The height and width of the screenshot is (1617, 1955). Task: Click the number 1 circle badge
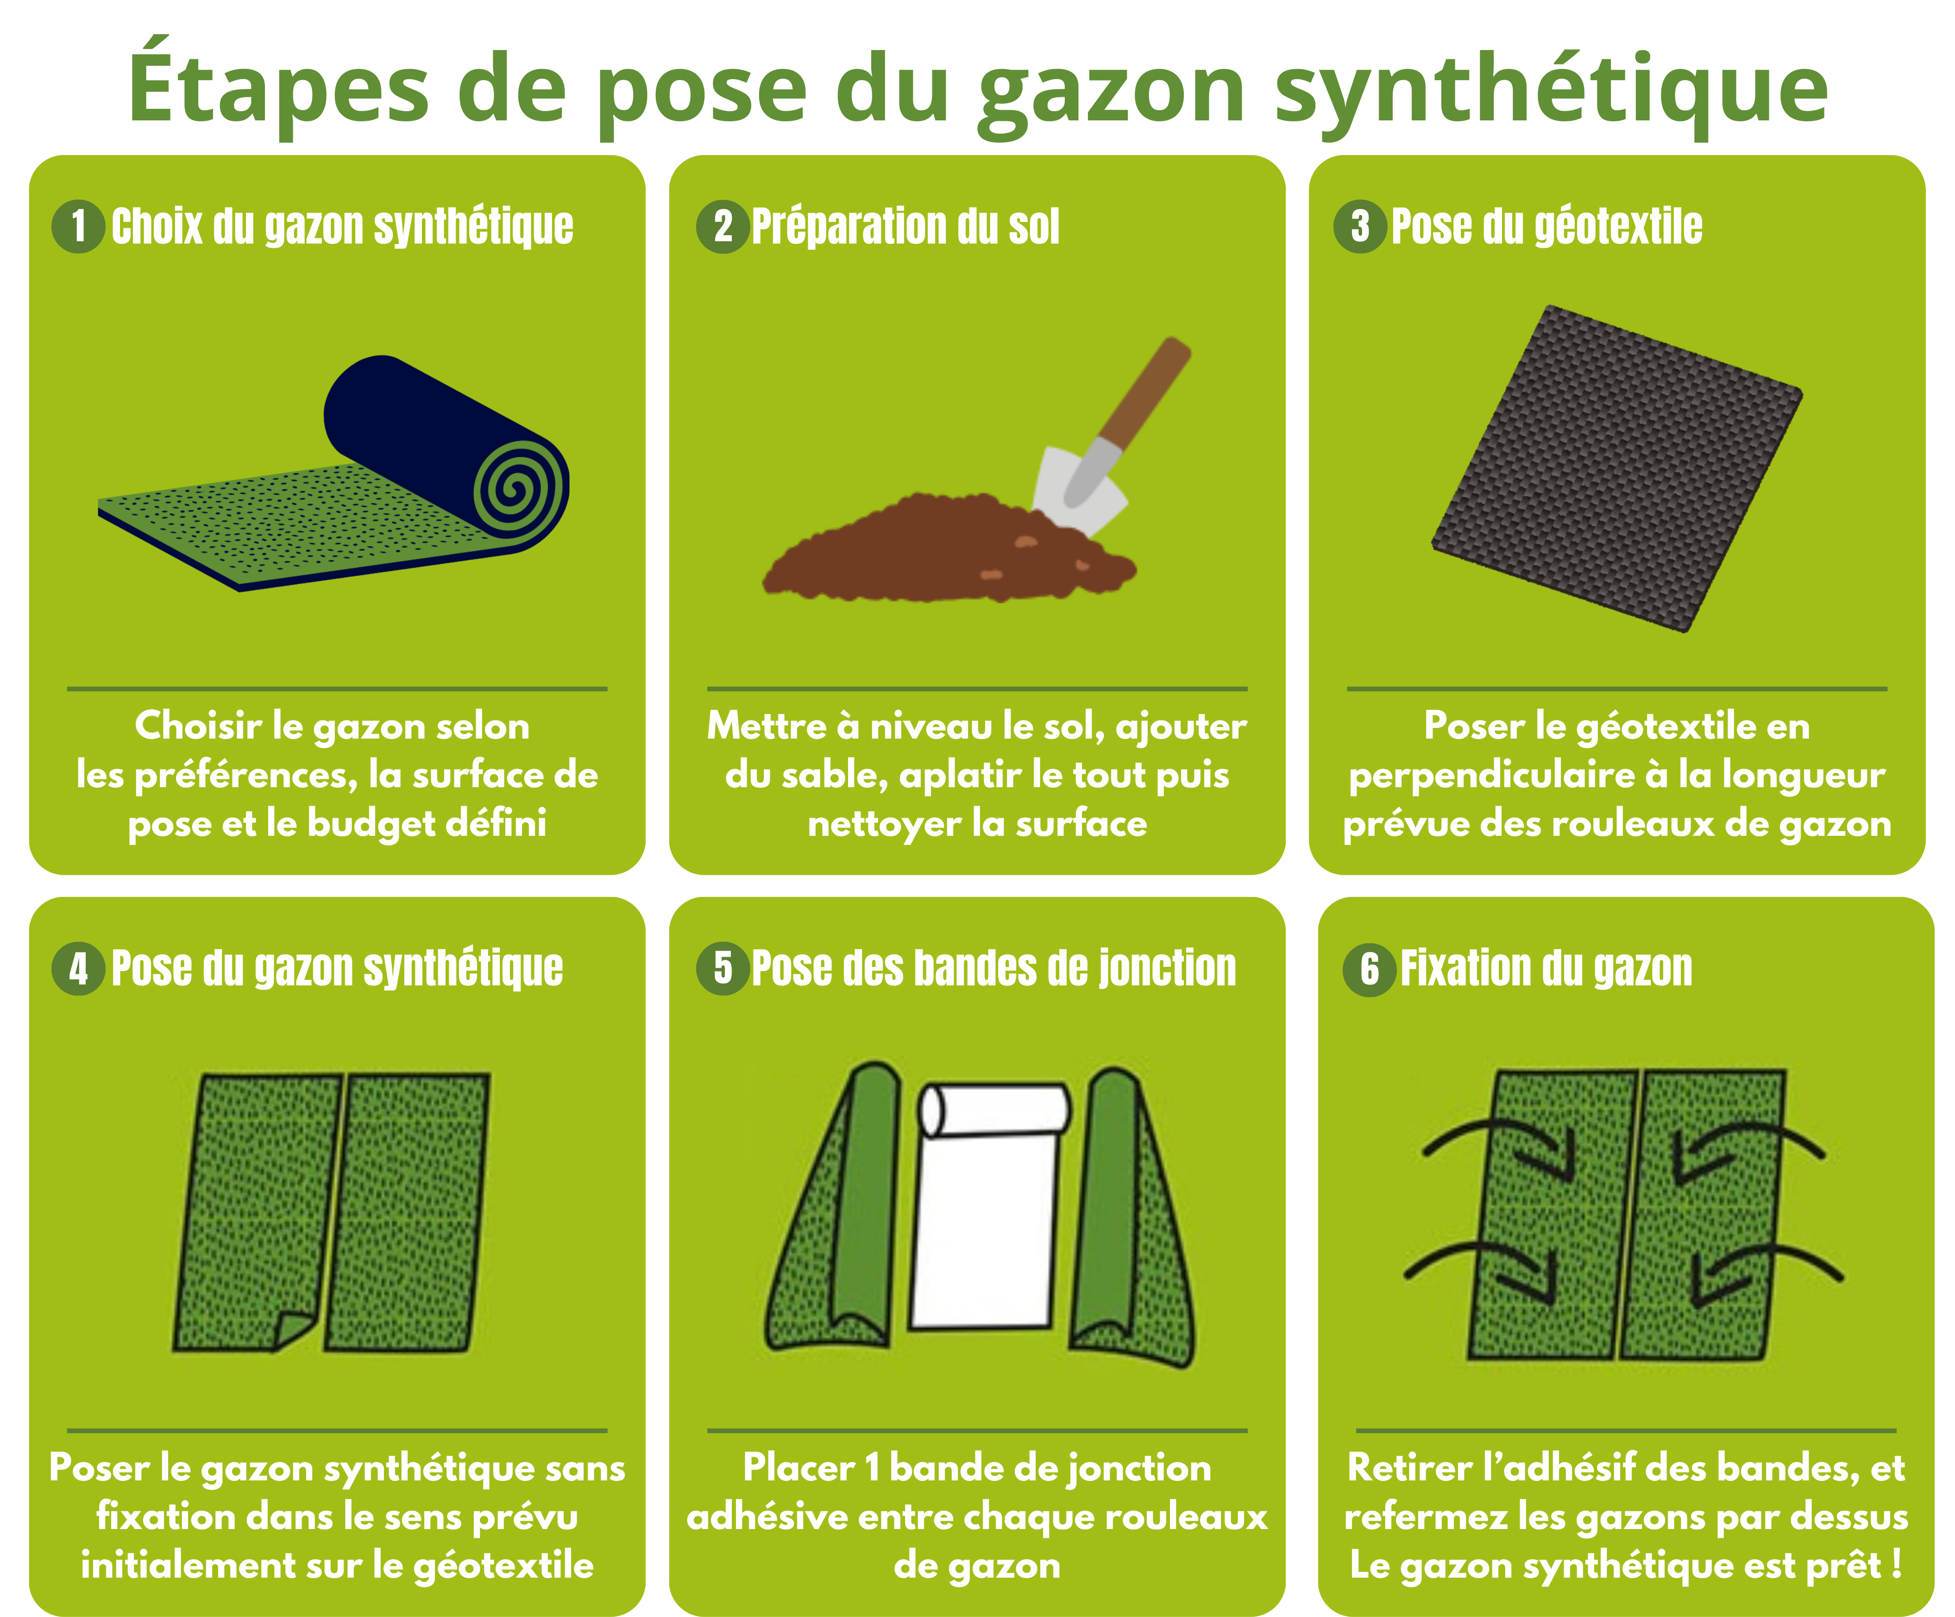tap(78, 226)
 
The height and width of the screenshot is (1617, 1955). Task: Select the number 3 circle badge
tap(1360, 226)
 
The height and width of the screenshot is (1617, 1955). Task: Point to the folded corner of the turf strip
tap(296, 1329)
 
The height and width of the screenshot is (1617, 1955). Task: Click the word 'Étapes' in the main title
tap(279, 84)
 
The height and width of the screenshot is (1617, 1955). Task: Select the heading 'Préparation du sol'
tap(905, 226)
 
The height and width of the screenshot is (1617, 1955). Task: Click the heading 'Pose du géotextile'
tap(1546, 226)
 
